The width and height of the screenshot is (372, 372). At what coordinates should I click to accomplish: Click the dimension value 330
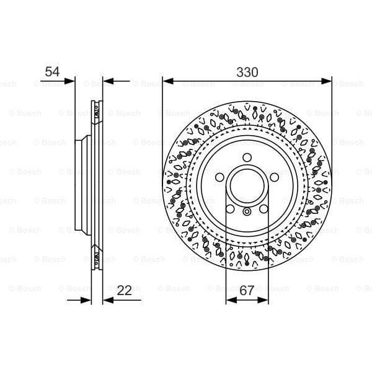pos(247,72)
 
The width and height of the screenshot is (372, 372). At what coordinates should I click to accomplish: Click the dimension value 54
pos(52,72)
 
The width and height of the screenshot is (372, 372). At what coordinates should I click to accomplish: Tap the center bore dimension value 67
pos(247,290)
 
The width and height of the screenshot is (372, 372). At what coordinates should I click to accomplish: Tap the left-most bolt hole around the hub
pos(221,176)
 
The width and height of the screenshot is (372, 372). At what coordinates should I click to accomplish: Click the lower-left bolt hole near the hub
pos(231,207)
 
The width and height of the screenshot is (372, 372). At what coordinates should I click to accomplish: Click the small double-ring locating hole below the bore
pos(247,213)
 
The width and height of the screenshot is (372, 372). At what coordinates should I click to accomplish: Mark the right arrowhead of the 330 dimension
pos(328,81)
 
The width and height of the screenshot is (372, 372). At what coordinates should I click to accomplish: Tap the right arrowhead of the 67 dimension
pos(265,300)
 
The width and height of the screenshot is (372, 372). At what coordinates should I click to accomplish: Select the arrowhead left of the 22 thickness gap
pos(87,300)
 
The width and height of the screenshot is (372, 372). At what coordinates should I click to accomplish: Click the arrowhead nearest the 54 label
pos(70,81)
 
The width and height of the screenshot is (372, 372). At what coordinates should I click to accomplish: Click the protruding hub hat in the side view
pos(79,184)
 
